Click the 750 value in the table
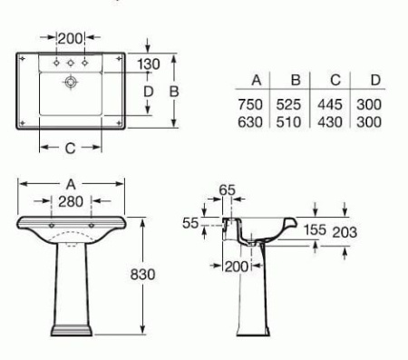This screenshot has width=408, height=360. pos(250,104)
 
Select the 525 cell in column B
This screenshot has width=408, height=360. pos(288,104)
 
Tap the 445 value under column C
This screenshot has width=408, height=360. pos(330,104)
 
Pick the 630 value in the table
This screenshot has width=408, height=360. pos(250,122)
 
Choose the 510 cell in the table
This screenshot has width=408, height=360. pos(288,122)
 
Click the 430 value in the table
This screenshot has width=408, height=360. pos(330,122)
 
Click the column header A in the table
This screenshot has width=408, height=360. pos(257,80)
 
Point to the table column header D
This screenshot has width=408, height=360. pos(375,80)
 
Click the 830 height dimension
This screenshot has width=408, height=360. pos(142,275)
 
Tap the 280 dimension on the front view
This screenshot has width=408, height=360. pos(71,201)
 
